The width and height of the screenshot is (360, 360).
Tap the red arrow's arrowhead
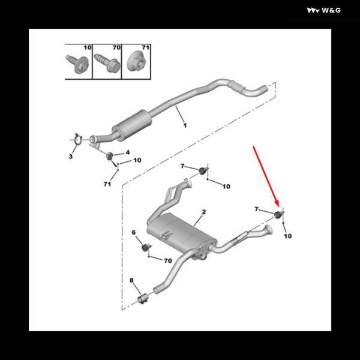[x=277, y=203]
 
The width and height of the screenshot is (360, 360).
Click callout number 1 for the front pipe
[x=185, y=125]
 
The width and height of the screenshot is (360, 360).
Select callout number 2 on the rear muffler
[x=203, y=212]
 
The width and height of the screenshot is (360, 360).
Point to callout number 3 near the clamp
[x=71, y=157]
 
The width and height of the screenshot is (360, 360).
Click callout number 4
[x=128, y=152]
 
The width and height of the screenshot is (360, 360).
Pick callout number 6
[x=134, y=233]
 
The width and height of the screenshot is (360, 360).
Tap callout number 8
[x=131, y=280]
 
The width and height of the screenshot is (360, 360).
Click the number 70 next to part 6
[x=168, y=260]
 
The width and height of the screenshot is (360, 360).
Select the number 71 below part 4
[x=107, y=184]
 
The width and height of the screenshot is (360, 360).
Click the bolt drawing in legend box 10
[x=77, y=64]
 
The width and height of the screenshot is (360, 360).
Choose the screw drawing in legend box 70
[x=107, y=64]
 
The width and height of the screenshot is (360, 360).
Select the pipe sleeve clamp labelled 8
[x=143, y=298]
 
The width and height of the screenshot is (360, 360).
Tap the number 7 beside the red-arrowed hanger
[x=256, y=209]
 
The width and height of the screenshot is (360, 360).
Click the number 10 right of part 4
[x=137, y=160]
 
